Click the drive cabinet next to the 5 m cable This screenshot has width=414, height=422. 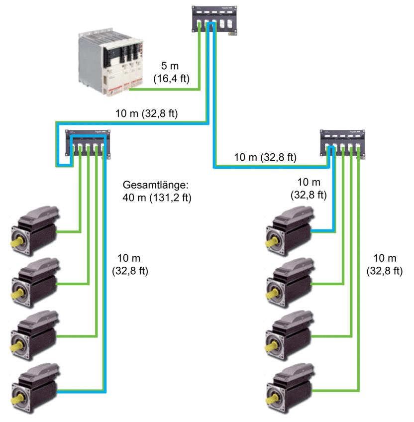[110, 61]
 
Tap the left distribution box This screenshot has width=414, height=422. [88, 143]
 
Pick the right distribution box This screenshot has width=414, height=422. [342, 143]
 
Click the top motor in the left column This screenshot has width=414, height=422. [35, 231]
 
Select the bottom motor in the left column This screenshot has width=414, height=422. [35, 388]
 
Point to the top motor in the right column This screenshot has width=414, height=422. [290, 231]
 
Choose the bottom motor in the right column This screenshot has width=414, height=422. [290, 388]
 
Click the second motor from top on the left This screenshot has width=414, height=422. [35, 283]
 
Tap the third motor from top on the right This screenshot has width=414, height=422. [290, 335]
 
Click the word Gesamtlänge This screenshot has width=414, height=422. [156, 186]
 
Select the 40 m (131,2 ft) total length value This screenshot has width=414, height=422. [157, 198]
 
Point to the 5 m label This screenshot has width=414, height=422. [170, 66]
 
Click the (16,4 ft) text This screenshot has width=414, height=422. [172, 79]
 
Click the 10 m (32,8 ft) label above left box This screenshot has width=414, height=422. [147, 113]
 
